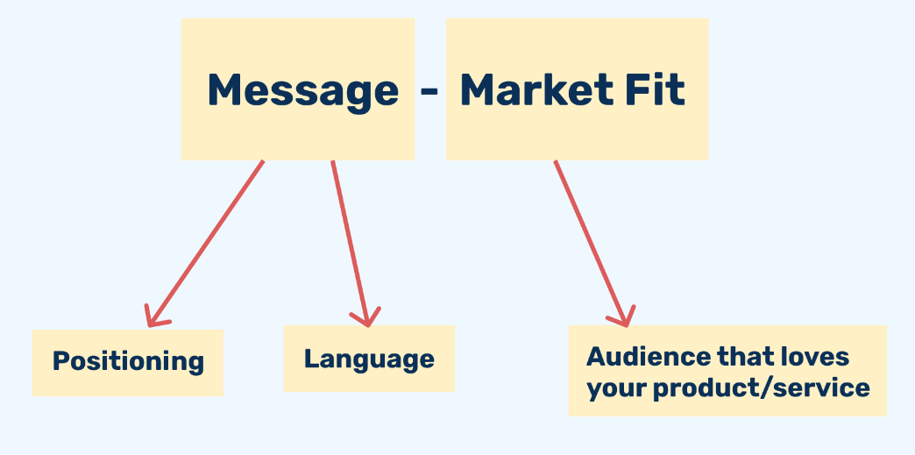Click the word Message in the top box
point(303,91)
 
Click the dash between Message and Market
point(429,91)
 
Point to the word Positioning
point(128,362)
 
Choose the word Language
point(369,359)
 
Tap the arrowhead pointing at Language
point(365,317)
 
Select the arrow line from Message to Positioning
point(206,243)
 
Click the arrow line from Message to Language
point(350,243)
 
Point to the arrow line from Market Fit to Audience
point(591,243)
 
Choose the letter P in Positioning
point(60,360)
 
